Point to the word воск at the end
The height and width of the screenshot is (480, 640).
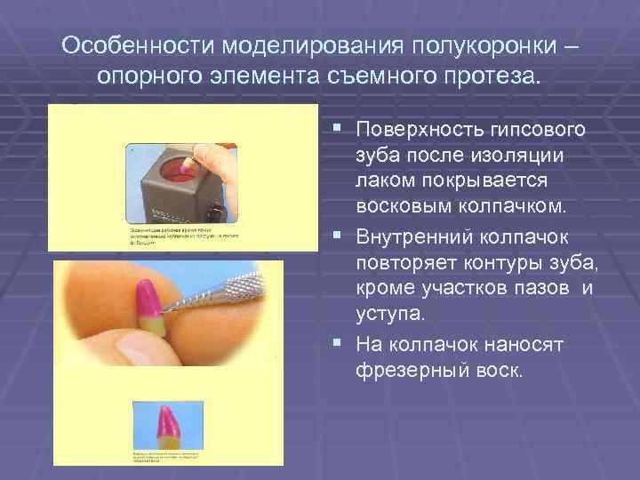[x=498, y=369]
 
